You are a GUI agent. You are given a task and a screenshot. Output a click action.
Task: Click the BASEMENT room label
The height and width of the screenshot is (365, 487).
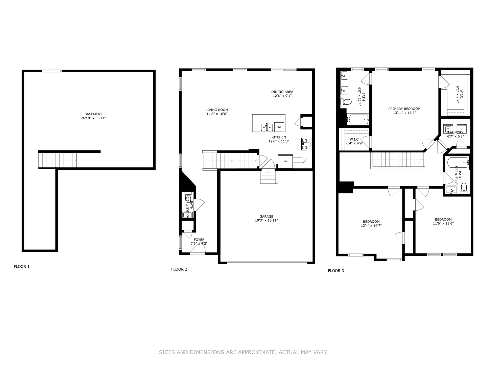(x=93, y=114)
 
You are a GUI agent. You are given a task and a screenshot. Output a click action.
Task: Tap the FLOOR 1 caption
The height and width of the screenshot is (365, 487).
(x=22, y=267)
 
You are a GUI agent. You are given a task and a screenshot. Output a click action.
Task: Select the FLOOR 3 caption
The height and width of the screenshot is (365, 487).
(x=336, y=271)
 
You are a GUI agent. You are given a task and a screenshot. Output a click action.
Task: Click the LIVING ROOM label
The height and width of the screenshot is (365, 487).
(x=217, y=110)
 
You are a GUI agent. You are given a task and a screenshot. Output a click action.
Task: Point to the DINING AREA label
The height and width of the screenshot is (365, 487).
(x=282, y=92)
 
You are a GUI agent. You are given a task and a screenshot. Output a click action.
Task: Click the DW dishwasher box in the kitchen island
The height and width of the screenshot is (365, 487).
(x=279, y=127)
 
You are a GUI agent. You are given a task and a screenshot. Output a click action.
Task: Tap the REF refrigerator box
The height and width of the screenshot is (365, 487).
(x=285, y=162)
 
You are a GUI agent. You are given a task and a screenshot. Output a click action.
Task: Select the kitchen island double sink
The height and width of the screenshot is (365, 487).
(x=267, y=127)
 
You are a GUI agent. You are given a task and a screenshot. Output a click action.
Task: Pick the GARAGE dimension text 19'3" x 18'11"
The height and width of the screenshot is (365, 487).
(x=266, y=221)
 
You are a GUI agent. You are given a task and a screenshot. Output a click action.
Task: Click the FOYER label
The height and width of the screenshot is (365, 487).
(x=199, y=240)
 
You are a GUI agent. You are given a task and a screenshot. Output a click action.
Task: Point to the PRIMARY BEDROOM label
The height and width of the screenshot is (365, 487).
(x=404, y=109)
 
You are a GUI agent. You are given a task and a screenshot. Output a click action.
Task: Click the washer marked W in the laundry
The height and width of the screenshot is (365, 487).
(x=448, y=129)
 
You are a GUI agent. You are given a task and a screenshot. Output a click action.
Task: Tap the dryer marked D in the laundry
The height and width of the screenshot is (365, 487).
(x=461, y=129)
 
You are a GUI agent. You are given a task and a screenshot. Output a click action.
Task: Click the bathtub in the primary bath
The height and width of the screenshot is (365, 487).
(x=358, y=119)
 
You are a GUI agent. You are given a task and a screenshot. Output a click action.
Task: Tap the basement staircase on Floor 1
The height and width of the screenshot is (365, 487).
(x=57, y=160)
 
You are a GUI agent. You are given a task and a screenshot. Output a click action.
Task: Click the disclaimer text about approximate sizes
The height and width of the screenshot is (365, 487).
(x=243, y=352)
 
